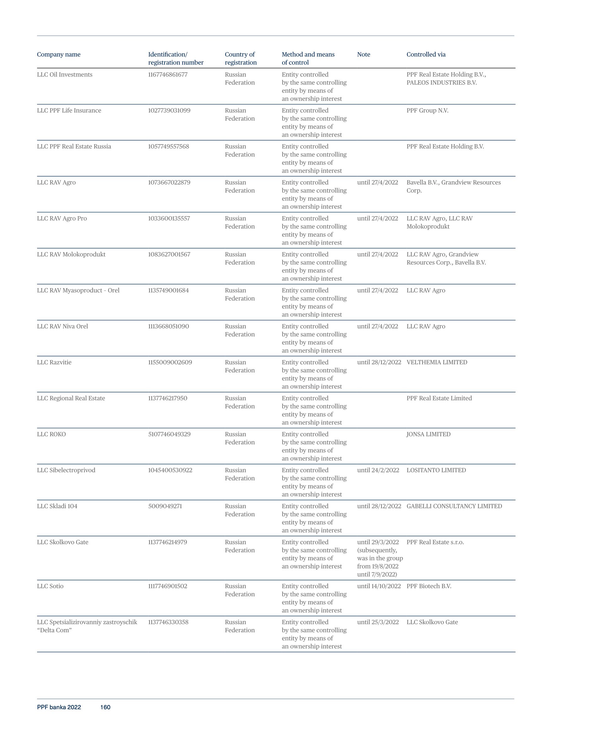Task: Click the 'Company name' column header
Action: [58, 54]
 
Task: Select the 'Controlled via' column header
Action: [426, 54]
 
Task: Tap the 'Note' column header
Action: [364, 54]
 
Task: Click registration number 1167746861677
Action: [168, 74]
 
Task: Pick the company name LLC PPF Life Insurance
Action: [69, 111]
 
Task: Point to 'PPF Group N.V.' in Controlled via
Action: [427, 111]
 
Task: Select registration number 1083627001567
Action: [169, 255]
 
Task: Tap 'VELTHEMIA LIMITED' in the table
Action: [436, 362]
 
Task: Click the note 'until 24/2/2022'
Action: [378, 470]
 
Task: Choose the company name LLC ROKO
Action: [51, 434]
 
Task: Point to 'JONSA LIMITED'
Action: [428, 434]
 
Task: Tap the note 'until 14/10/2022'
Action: [379, 586]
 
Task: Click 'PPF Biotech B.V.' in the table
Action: [429, 586]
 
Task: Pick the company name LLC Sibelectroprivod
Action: [66, 470]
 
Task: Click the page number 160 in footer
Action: [105, 707]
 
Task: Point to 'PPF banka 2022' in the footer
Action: [59, 707]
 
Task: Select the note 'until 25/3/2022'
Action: [378, 623]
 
